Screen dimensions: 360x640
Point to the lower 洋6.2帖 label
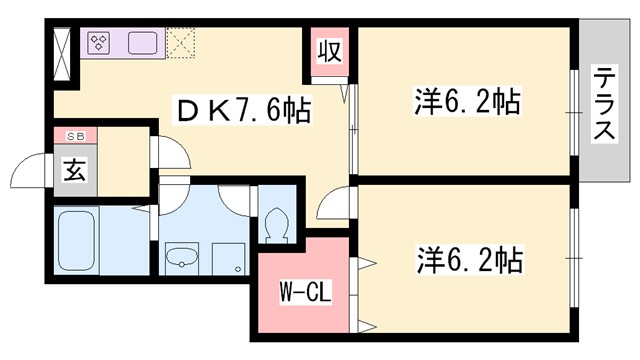tap(467, 262)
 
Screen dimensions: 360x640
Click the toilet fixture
tap(275, 220)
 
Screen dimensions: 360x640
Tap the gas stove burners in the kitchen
tap(101, 43)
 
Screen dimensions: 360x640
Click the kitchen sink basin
tap(140, 43)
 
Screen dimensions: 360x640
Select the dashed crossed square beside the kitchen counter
tap(183, 43)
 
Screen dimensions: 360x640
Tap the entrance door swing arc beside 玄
tap(38, 168)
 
